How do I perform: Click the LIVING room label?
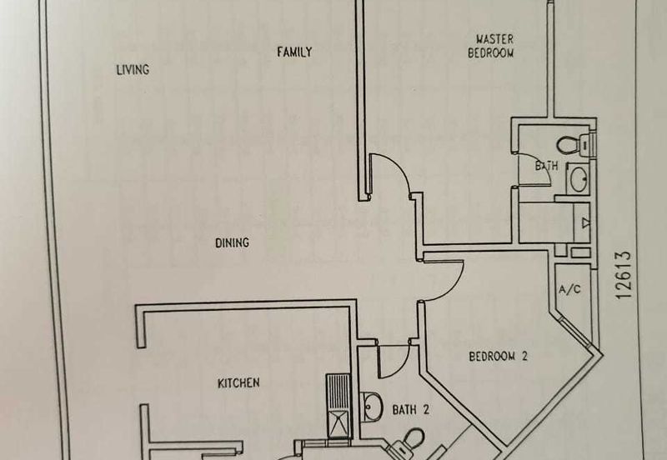pyautogui.click(x=132, y=70)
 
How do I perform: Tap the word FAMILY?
pyautogui.click(x=294, y=52)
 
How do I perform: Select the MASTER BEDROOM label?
pyautogui.click(x=494, y=46)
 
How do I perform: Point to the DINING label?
pyautogui.click(x=233, y=243)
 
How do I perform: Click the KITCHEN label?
pyautogui.click(x=238, y=383)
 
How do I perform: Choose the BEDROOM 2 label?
pyautogui.click(x=499, y=357)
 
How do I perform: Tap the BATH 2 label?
pyautogui.click(x=410, y=409)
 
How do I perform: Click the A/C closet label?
pyautogui.click(x=569, y=291)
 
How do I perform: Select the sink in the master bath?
pyautogui.click(x=576, y=177)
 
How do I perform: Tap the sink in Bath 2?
pyautogui.click(x=372, y=406)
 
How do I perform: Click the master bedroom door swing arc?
pyautogui.click(x=390, y=175)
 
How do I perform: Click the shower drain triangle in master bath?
pyautogui.click(x=584, y=222)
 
